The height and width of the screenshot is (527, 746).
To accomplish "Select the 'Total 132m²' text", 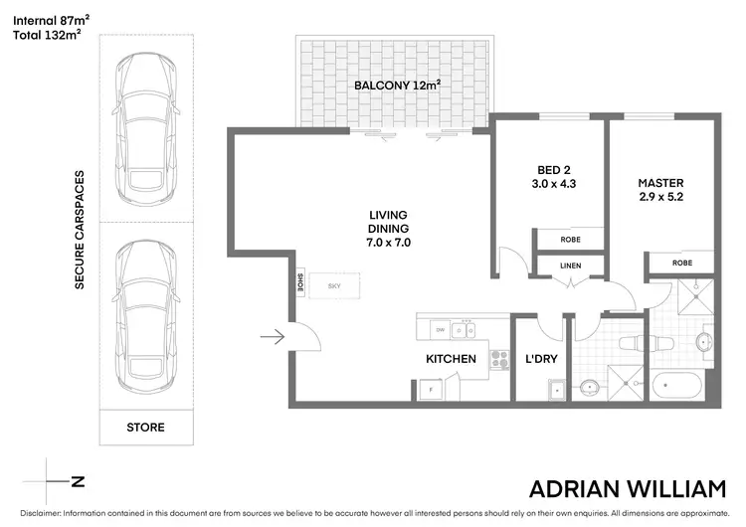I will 46,35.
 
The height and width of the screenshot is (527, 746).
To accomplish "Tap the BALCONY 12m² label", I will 397,86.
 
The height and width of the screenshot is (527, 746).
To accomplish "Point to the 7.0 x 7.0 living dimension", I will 389,242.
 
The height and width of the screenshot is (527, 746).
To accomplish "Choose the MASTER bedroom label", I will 661,183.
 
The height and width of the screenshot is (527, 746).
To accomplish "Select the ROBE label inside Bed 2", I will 570,239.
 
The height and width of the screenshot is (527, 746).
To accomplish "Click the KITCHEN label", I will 451,359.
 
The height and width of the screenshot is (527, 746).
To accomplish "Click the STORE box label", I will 145,428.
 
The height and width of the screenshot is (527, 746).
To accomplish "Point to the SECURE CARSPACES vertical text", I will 79,230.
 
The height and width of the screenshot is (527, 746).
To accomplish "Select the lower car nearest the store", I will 145,318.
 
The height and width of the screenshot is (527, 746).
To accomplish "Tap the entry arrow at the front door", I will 273,339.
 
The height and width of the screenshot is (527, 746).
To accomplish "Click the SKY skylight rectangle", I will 334,285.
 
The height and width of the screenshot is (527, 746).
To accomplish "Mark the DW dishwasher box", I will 439,329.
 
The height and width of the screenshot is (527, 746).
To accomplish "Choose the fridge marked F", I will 431,390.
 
